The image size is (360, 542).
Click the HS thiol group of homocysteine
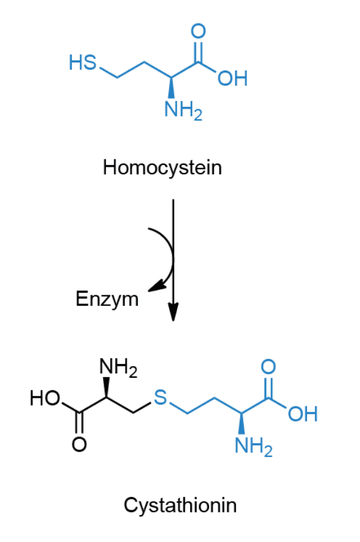click(82, 62)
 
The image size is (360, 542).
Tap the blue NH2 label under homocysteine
click(183, 109)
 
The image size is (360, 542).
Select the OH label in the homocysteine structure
click(233, 78)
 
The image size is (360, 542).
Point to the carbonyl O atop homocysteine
click(198, 31)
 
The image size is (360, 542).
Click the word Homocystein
click(162, 168)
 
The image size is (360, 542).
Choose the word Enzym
click(107, 299)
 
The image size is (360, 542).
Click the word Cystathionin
click(180, 505)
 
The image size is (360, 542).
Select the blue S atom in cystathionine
click(160, 398)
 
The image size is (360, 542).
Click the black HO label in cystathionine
click(45, 398)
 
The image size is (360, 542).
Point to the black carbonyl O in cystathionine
click(79, 444)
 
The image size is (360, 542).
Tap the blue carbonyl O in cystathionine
click(268, 367)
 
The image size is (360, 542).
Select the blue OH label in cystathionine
click(303, 414)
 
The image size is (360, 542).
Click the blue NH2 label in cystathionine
click(253, 446)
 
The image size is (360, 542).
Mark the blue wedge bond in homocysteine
click(171, 87)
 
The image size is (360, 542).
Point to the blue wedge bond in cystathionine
click(241, 423)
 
